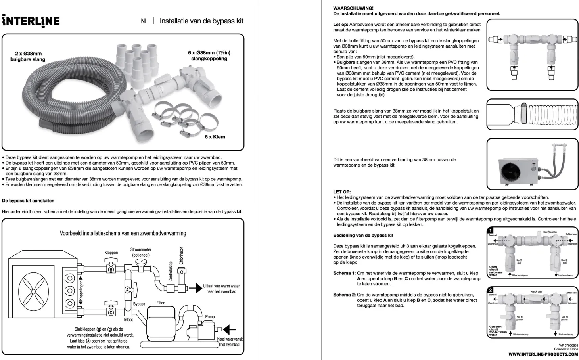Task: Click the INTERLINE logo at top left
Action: click(31, 21)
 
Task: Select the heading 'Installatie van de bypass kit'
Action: click(201, 21)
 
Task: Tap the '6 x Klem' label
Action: click(215, 137)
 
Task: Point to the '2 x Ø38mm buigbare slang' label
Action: click(28, 56)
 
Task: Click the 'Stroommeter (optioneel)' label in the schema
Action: click(141, 252)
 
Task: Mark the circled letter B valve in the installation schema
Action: click(111, 270)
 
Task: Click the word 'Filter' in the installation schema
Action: click(160, 303)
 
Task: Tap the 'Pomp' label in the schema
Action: click(210, 316)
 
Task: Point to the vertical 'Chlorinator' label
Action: click(181, 256)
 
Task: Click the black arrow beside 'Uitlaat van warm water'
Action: click(196, 288)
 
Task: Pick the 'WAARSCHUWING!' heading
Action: click(353, 8)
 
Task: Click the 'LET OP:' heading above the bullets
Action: click(342, 192)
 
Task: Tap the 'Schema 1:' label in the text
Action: click(344, 273)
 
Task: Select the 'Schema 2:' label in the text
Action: click(344, 295)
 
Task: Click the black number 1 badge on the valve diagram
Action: click(491, 230)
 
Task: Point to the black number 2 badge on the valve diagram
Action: click(491, 290)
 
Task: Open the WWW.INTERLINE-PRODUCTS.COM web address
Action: click(543, 354)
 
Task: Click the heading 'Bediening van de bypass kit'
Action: click(363, 236)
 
